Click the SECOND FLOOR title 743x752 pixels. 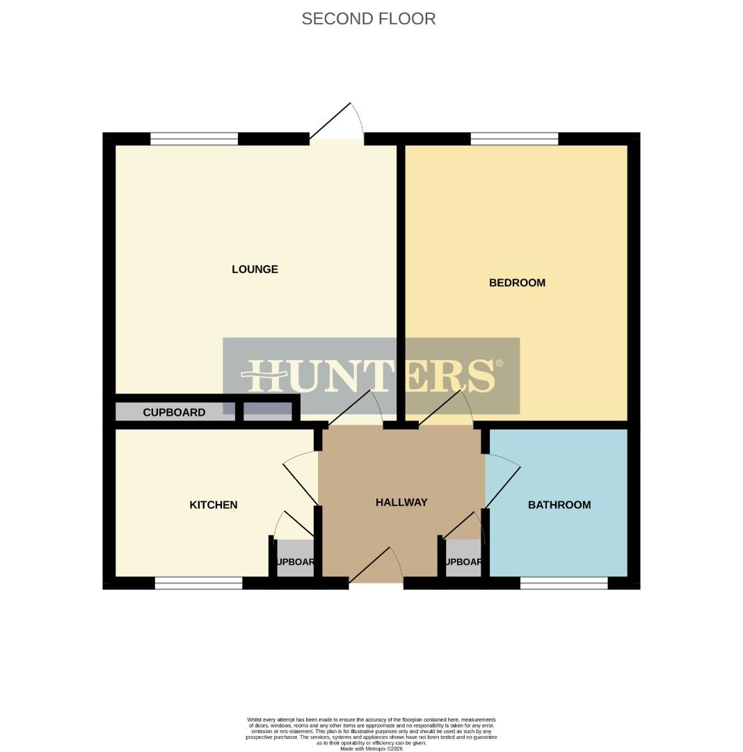pos(368,19)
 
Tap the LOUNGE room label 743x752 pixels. pos(255,269)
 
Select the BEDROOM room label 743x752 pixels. pos(517,283)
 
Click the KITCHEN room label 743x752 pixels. pos(214,505)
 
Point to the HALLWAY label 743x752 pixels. pos(401,502)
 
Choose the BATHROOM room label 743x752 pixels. pos(559,505)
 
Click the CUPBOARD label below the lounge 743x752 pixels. pos(174,412)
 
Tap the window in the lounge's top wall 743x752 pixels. pos(194,139)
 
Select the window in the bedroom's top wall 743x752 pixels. pos(514,139)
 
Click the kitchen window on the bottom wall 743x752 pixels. pos(198,583)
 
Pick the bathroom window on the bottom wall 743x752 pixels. pos(564,583)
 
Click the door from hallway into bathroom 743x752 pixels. pos(502,480)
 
